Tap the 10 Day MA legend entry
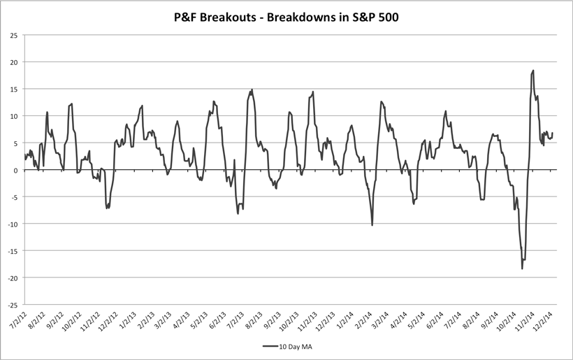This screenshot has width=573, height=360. pyautogui.click(x=286, y=346)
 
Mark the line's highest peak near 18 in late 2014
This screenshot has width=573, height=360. pyautogui.click(x=533, y=71)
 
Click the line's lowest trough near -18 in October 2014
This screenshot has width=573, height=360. pyautogui.click(x=522, y=268)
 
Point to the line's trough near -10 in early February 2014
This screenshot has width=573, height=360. pyautogui.click(x=372, y=225)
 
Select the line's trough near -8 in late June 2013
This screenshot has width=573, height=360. pyautogui.click(x=238, y=213)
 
